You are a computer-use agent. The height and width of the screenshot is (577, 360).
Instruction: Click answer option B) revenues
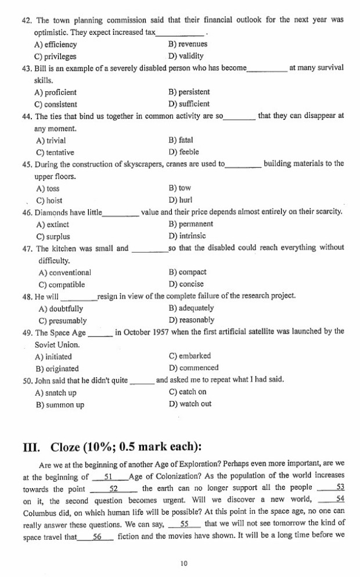click(x=187, y=44)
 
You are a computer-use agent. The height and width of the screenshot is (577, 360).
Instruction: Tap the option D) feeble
click(x=183, y=152)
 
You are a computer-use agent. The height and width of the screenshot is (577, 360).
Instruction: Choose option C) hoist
click(x=49, y=200)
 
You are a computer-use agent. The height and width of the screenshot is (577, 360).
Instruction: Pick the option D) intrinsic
click(x=187, y=236)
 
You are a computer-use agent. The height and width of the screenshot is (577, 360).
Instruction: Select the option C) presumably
click(x=62, y=320)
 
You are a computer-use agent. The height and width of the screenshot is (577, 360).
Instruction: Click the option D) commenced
click(x=193, y=368)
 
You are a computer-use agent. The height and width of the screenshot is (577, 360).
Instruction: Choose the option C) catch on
click(x=187, y=392)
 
